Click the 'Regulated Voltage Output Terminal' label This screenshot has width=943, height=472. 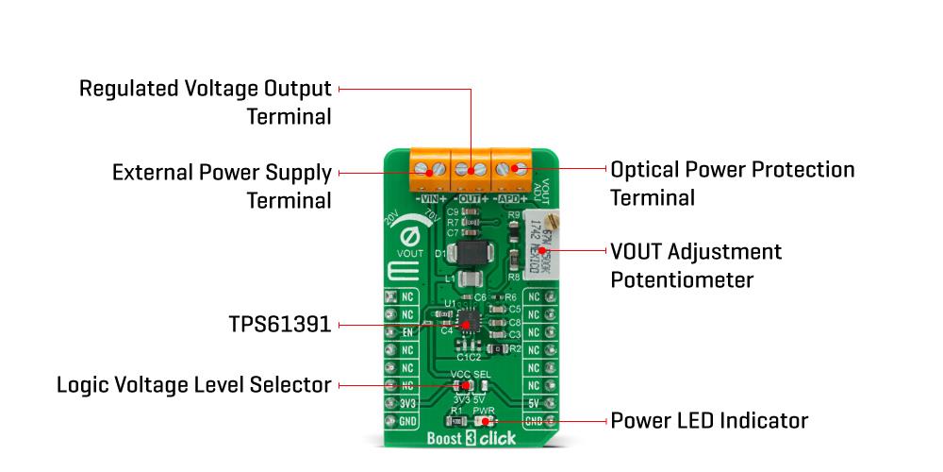[x=206, y=103]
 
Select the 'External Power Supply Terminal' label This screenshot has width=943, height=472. [x=222, y=186]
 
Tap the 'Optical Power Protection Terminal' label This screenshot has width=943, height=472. [x=733, y=183]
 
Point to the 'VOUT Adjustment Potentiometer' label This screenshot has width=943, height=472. [x=696, y=266]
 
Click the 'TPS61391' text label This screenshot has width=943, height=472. [x=279, y=325]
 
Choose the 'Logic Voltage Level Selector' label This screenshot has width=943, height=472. [x=194, y=385]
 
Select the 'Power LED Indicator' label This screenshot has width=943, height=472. [x=709, y=419]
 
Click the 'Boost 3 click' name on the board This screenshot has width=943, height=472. [x=471, y=440]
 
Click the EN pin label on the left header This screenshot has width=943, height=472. [x=407, y=332]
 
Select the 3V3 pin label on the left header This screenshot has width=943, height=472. [x=407, y=403]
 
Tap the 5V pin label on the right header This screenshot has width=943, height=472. [x=534, y=403]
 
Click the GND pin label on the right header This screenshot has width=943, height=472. [x=534, y=421]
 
